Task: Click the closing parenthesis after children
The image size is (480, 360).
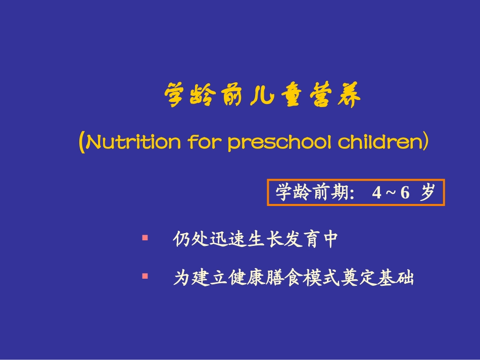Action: pyautogui.click(x=425, y=143)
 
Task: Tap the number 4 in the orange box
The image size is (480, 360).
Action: pyautogui.click(x=376, y=193)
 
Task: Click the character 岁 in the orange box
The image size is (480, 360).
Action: pyautogui.click(x=427, y=192)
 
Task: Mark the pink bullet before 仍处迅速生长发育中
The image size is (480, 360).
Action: pyautogui.click(x=145, y=236)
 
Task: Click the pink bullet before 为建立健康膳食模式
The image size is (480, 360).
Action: pyautogui.click(x=145, y=276)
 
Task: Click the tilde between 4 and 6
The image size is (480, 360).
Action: pyautogui.click(x=390, y=193)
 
